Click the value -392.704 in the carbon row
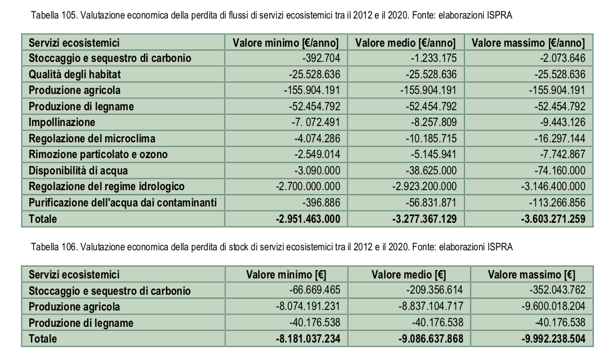(x=321, y=58)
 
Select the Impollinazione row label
(x=62, y=123)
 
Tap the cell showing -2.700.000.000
(x=308, y=186)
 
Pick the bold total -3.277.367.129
(x=425, y=219)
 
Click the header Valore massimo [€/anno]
(x=528, y=43)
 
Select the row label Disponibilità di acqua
(x=78, y=171)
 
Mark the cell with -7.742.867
(x=563, y=155)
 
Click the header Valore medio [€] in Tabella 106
(x=409, y=275)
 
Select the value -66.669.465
(x=315, y=290)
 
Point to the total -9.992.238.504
(x=553, y=339)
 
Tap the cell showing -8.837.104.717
(x=431, y=307)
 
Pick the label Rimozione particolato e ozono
(x=98, y=155)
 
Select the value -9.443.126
(x=563, y=123)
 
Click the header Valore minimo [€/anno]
(x=286, y=43)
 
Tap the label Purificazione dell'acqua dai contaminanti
(x=123, y=203)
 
